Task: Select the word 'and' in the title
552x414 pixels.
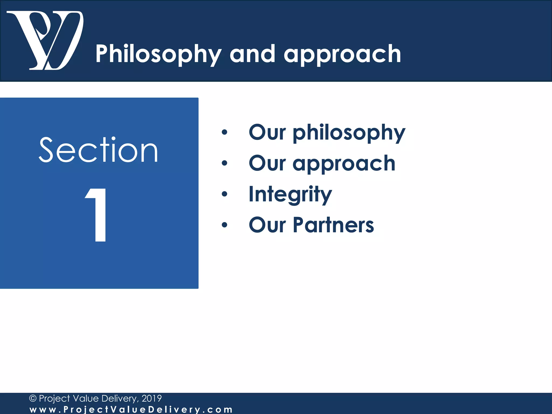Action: point(253,54)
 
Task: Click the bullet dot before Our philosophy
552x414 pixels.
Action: point(225,132)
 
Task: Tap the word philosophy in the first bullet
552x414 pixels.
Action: point(349,133)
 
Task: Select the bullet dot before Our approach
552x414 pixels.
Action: point(225,163)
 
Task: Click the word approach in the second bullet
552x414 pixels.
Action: point(344,164)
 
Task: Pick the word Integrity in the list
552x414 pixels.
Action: point(290,194)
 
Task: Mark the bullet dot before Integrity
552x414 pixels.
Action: point(225,194)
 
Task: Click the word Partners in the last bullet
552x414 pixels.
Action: point(333,225)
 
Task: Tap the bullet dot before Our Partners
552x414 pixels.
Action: point(225,225)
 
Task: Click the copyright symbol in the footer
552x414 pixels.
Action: point(33,398)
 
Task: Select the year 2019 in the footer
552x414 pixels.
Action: point(151,398)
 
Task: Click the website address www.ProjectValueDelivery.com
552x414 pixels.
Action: point(131,409)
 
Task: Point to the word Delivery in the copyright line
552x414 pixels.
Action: point(120,398)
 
